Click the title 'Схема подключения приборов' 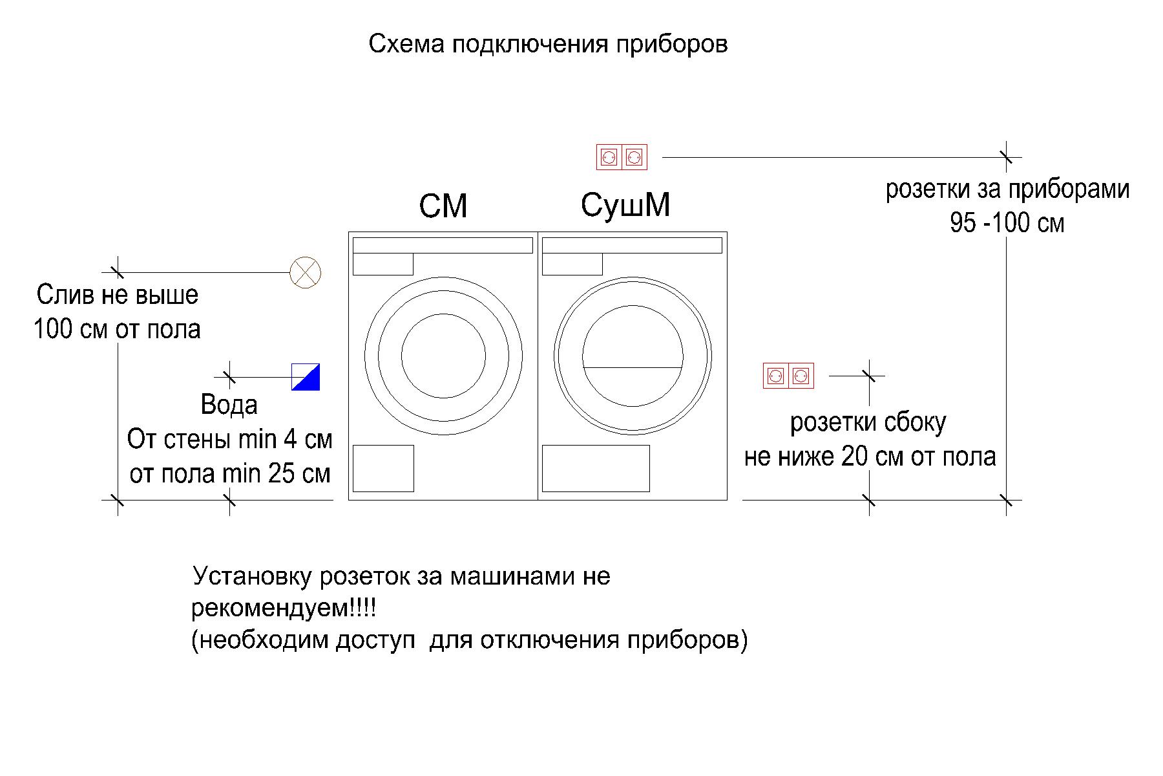click(x=548, y=45)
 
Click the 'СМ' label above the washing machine click(x=443, y=207)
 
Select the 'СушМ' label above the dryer click(x=625, y=205)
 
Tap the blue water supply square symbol click(x=306, y=377)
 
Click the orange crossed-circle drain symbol click(x=306, y=273)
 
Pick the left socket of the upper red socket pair click(x=609, y=157)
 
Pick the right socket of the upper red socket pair click(x=634, y=157)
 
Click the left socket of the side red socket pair click(x=776, y=376)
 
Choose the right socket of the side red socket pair click(x=801, y=376)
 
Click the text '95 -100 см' click(x=1007, y=224)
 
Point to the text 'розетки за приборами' click(x=1007, y=190)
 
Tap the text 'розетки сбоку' click(x=868, y=424)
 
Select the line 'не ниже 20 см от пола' click(x=870, y=457)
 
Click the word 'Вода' click(x=229, y=405)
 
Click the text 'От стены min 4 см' click(x=230, y=440)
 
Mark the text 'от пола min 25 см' click(x=230, y=474)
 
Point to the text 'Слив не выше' click(x=118, y=296)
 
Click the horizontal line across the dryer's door click(x=633, y=367)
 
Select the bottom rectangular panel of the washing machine click(x=383, y=468)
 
